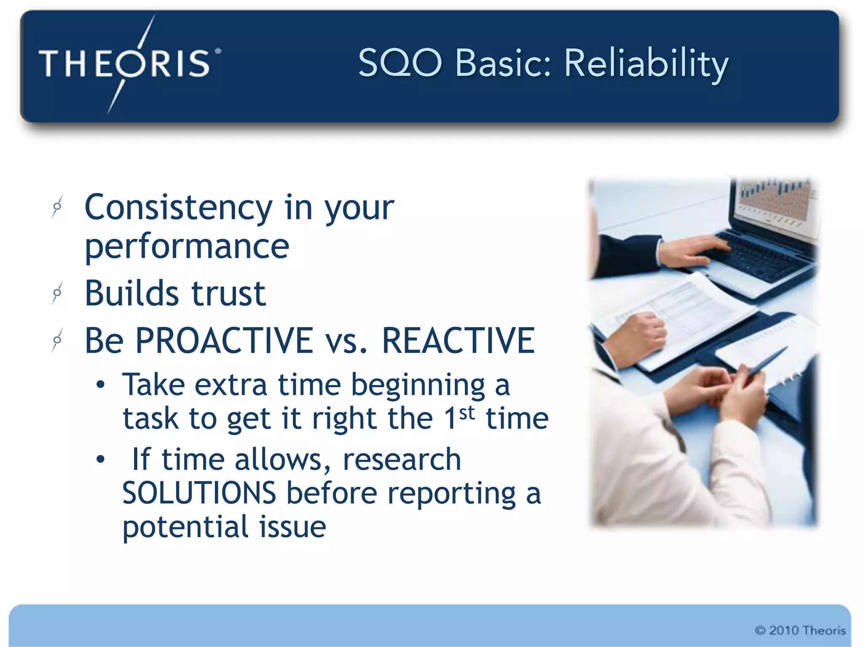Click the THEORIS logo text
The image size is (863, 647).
click(x=124, y=63)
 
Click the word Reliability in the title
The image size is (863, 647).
click(x=646, y=64)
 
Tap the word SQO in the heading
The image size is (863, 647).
click(x=400, y=63)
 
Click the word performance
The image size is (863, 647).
click(x=187, y=247)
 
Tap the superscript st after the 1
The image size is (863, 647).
click(x=467, y=412)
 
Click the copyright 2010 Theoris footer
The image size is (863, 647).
click(x=800, y=630)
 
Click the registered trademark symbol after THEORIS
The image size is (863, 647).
click(x=218, y=51)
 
